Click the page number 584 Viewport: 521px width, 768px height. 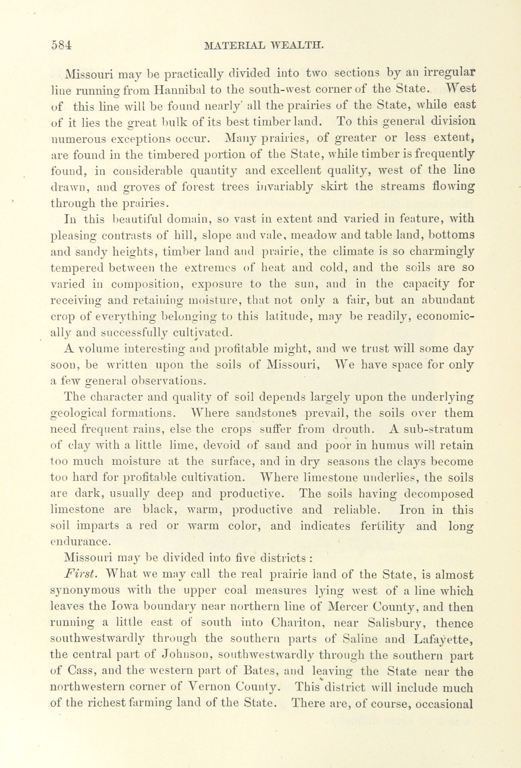[x=61, y=45]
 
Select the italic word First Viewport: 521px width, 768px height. [x=80, y=575]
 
